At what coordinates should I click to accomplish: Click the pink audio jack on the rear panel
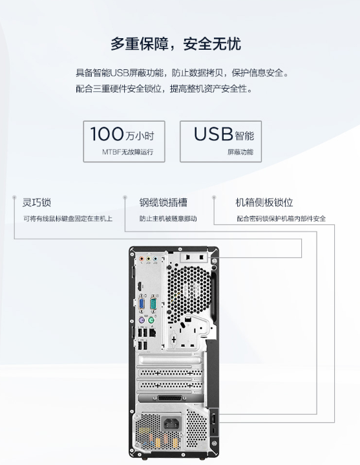142,259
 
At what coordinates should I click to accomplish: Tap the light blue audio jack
155,259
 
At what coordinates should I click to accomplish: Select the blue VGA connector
142,305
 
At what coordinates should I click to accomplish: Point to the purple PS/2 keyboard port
142,320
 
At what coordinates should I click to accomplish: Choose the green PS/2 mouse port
151,320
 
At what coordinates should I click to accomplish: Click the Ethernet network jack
153,332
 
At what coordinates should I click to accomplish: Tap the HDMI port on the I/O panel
139,287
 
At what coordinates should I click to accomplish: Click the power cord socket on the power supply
171,424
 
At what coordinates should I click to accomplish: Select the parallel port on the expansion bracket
170,398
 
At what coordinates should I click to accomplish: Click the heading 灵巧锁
37,202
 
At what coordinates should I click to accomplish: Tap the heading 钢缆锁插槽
164,202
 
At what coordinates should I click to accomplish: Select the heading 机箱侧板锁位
264,202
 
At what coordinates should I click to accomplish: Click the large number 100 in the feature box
107,134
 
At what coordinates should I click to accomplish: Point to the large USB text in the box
213,134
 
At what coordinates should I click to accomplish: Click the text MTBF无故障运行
128,152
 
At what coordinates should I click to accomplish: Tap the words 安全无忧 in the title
212,44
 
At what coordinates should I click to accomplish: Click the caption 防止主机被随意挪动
168,219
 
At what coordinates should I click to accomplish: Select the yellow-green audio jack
149,259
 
